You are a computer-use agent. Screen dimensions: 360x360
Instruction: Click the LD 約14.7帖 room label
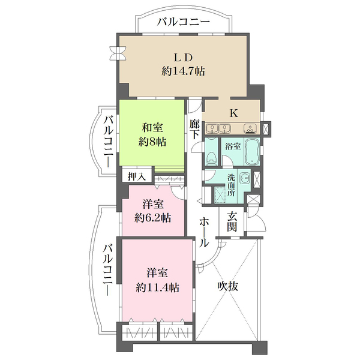click(183, 65)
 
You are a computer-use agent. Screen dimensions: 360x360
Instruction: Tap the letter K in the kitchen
click(234, 113)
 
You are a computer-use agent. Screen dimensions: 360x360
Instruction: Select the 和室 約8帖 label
click(152, 134)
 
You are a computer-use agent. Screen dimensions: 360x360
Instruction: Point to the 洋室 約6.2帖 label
click(152, 211)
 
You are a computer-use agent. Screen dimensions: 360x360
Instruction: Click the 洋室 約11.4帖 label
click(157, 280)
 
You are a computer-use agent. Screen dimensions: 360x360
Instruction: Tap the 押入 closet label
click(137, 176)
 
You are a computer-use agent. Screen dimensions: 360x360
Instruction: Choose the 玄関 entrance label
click(232, 222)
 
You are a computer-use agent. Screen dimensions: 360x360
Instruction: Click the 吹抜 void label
click(228, 286)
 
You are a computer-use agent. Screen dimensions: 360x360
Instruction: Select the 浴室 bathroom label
click(233, 146)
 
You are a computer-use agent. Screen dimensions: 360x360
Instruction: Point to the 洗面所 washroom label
click(231, 185)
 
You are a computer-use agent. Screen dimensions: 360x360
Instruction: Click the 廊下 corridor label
click(194, 130)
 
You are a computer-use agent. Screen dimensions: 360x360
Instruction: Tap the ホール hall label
click(204, 232)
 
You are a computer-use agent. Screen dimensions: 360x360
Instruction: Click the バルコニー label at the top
click(184, 22)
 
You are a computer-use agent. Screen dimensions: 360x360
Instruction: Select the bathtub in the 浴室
click(252, 152)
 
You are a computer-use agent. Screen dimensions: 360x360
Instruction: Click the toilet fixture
click(211, 159)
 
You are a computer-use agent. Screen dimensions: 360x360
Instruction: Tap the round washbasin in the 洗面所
click(245, 178)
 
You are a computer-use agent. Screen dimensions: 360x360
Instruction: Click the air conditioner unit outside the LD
click(118, 53)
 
